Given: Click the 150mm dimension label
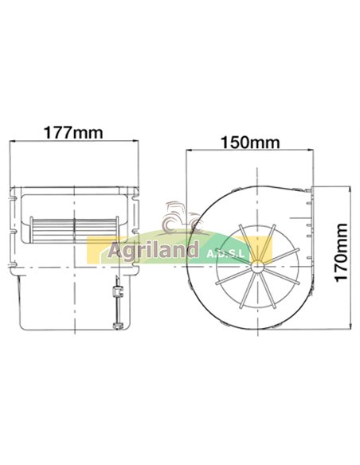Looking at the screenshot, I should point(249,143).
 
